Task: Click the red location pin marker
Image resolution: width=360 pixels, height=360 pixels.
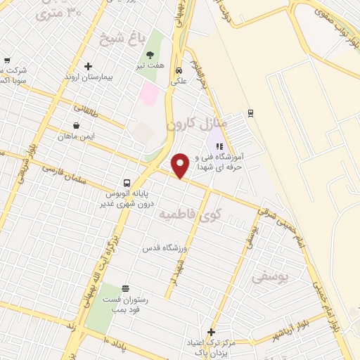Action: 181,165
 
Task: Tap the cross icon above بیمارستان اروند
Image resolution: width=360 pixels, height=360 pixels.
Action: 88,67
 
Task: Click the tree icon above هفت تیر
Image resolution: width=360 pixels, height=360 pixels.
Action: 149,55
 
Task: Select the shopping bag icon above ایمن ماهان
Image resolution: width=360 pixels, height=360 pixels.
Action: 76,108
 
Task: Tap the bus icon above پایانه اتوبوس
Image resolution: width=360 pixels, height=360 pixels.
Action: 126,182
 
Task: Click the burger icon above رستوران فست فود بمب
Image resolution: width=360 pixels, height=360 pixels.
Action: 126,288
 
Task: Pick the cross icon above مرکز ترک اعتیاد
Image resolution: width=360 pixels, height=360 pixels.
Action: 210,331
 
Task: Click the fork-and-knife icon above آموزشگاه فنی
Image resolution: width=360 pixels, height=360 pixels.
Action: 219,146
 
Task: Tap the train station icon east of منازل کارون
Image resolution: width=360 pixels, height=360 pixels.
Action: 250,113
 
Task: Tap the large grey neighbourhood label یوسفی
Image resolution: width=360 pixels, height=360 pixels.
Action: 271,277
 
